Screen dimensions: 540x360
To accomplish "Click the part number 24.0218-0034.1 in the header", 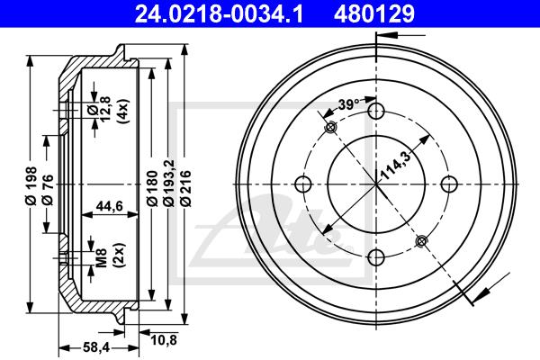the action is pyautogui.click(x=219, y=14).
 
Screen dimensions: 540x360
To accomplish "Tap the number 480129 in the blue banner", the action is pyautogui.click(x=373, y=14).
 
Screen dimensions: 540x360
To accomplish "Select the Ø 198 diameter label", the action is pyautogui.click(x=31, y=186).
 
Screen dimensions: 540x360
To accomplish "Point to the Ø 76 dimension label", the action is pyautogui.click(x=48, y=190).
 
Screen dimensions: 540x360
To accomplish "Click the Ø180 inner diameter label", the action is pyautogui.click(x=152, y=188).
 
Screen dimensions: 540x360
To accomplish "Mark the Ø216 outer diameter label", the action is pyautogui.click(x=185, y=188).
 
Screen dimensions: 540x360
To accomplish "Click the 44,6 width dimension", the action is pyautogui.click(x=109, y=206).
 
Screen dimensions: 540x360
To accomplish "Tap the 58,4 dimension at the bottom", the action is pyautogui.click(x=96, y=348).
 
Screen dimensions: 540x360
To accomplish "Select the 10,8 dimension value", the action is pyautogui.click(x=164, y=340).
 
